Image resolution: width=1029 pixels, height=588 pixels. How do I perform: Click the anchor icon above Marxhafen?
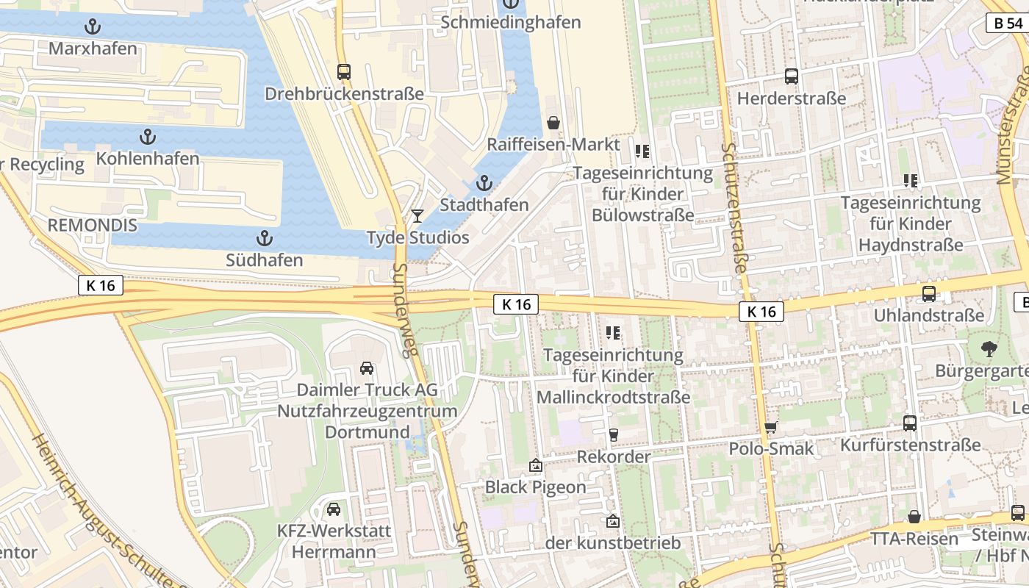(93, 27)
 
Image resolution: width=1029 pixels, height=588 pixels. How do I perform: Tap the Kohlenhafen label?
(148, 158)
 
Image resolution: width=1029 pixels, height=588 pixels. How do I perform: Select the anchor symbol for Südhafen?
(264, 238)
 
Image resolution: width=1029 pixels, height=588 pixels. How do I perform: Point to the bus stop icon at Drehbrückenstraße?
(344, 72)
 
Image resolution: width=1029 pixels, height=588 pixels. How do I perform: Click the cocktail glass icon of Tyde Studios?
(417, 215)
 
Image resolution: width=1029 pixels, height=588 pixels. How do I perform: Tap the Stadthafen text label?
(484, 204)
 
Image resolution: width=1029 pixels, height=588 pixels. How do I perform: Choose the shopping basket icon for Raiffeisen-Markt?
(553, 122)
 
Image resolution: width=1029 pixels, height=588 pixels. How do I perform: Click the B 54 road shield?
(1008, 24)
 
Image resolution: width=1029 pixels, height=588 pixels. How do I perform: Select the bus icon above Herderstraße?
(792, 76)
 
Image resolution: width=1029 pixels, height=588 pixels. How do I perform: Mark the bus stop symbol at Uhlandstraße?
(929, 293)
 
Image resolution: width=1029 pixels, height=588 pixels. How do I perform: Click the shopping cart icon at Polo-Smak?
(770, 427)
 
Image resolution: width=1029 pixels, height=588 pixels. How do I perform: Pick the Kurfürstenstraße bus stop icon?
(910, 423)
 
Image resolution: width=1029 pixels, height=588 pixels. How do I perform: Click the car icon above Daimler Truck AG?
(366, 367)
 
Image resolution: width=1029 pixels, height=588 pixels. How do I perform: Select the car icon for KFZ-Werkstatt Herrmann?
(334, 509)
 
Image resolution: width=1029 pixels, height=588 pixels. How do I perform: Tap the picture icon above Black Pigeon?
(536, 465)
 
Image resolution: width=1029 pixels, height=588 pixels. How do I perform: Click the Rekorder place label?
(614, 456)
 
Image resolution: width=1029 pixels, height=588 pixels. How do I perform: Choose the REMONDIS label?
(93, 225)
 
